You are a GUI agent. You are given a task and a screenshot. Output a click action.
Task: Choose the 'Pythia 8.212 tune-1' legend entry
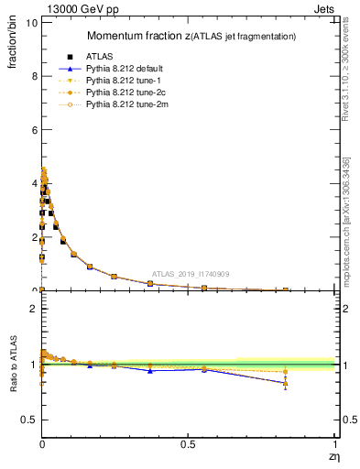coord(118,81)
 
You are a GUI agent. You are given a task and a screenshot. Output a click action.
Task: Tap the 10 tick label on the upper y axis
coord(31,23)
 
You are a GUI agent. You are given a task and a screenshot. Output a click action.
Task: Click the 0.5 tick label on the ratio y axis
coord(28,420)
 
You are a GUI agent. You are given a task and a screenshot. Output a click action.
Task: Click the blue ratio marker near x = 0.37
coord(150,370)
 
